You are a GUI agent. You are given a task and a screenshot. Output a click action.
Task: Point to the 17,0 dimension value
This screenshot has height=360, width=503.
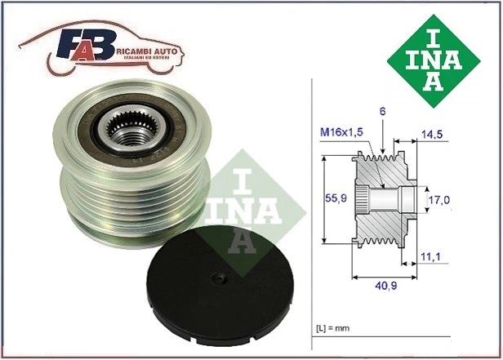[x=441, y=198]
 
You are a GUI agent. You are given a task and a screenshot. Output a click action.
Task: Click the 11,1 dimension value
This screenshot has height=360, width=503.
[x=430, y=257]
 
